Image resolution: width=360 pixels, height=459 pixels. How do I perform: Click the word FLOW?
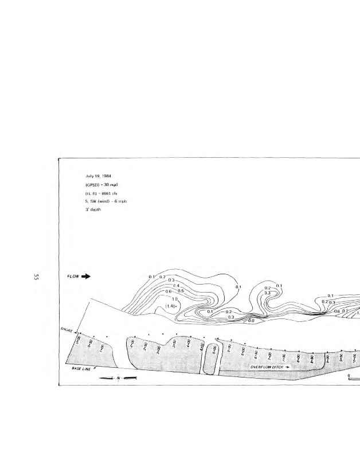[x=73, y=276]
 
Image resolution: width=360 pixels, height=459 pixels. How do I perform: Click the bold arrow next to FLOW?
[x=86, y=276]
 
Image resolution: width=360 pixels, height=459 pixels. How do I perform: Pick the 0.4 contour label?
[x=177, y=286]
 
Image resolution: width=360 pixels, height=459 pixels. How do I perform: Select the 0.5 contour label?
[x=181, y=291]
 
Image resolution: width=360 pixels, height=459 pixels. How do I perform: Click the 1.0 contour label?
[x=175, y=299]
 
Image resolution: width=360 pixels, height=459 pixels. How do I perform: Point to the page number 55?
[x=36, y=278]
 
